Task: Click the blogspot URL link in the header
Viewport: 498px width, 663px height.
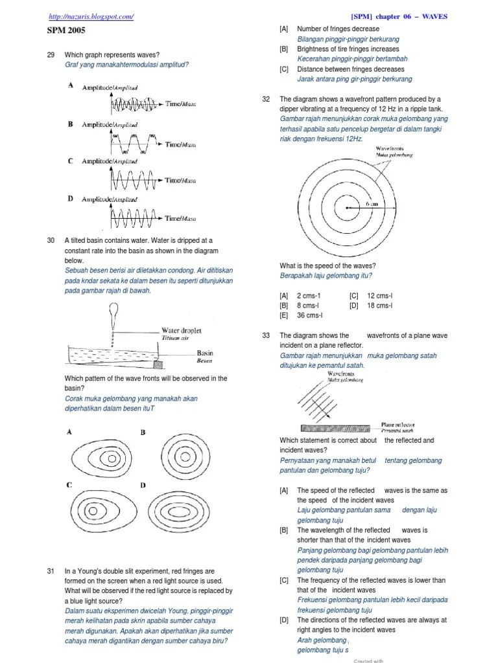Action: [x=91, y=16]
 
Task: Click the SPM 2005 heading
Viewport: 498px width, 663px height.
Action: [x=66, y=30]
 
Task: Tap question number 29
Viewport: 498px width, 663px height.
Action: [x=52, y=54]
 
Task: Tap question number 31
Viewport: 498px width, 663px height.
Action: [x=52, y=572]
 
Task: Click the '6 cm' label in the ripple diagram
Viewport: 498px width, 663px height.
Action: [x=372, y=203]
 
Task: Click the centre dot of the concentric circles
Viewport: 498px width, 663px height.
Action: [x=348, y=208]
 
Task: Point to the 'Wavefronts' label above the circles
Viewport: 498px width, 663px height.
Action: [x=389, y=148]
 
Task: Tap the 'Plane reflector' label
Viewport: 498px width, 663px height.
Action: [x=398, y=425]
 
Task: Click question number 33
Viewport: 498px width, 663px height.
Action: [x=266, y=335]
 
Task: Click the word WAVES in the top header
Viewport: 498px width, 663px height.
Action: [x=435, y=16]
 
